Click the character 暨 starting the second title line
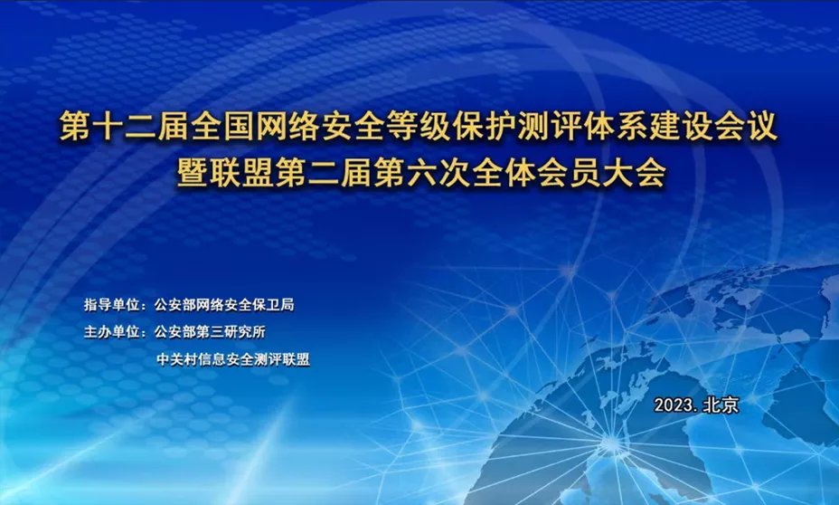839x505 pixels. coord(193,173)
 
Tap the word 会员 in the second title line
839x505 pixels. coord(570,173)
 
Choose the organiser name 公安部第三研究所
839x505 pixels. coord(210,332)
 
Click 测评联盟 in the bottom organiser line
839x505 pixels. coord(282,359)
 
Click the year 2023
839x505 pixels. coord(674,405)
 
